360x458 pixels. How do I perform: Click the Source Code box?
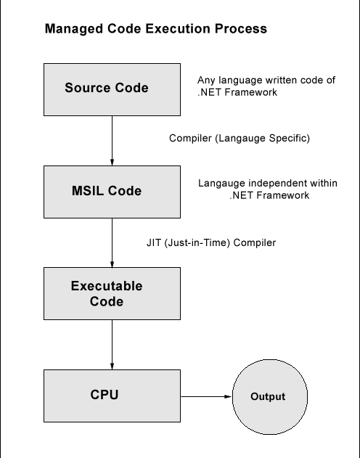(106, 89)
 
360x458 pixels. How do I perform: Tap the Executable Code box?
(106, 293)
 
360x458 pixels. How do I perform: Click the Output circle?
(268, 397)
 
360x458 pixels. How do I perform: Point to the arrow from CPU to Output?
(205, 397)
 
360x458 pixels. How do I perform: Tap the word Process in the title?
(242, 30)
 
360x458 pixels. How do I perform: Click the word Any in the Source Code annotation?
(206, 81)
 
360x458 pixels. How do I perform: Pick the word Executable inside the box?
(106, 286)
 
